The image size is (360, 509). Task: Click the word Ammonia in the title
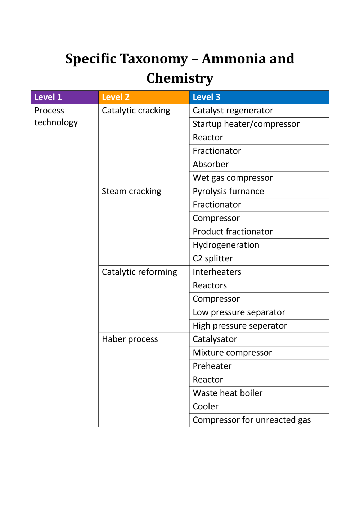[229, 59]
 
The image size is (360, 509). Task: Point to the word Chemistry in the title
[180, 78]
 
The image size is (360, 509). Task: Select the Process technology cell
[56, 116]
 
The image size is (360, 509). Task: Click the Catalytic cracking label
[136, 111]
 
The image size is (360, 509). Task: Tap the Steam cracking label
[131, 191]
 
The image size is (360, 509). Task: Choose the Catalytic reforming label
[139, 272]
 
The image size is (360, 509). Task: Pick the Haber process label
[130, 339]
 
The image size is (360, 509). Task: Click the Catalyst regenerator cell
[233, 111]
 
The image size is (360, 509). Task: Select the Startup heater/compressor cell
[246, 124]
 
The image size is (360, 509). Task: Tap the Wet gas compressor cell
[233, 178]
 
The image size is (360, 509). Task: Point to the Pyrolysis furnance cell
[228, 191]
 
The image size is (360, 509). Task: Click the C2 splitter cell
[213, 258]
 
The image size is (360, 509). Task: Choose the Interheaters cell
[217, 272]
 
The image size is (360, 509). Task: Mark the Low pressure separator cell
[239, 312]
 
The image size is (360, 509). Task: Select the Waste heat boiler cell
[228, 393]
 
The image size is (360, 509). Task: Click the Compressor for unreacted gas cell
[252, 420]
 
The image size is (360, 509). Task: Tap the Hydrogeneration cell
[226, 245]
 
